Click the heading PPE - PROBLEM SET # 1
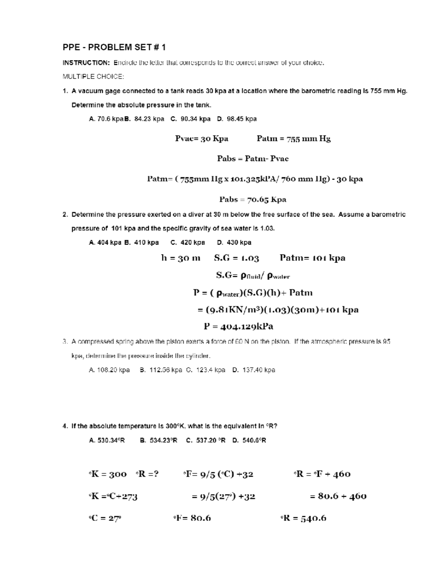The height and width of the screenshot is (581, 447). (114, 47)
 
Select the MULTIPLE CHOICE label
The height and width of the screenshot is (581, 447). (93, 77)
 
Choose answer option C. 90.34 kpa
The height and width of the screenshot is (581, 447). (190, 119)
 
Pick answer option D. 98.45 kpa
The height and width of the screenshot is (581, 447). (237, 119)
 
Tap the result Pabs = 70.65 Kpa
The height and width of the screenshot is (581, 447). (253, 199)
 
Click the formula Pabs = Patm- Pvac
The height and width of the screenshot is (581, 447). (253, 159)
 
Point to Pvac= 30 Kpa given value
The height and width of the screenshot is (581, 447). (202, 139)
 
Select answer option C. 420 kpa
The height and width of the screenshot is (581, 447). (188, 243)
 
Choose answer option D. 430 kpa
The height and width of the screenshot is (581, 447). (234, 243)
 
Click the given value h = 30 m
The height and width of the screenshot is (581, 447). (181, 258)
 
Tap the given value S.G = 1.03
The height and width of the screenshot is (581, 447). (237, 258)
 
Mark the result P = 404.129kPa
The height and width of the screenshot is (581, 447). (238, 326)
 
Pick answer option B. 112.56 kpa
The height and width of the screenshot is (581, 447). (161, 370)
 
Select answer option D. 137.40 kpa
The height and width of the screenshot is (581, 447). (254, 370)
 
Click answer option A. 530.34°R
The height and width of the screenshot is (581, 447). (107, 440)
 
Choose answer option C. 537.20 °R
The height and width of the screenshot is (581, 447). (206, 440)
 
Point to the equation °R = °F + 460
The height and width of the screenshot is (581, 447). (322, 474)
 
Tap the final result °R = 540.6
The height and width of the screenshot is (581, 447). (303, 518)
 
